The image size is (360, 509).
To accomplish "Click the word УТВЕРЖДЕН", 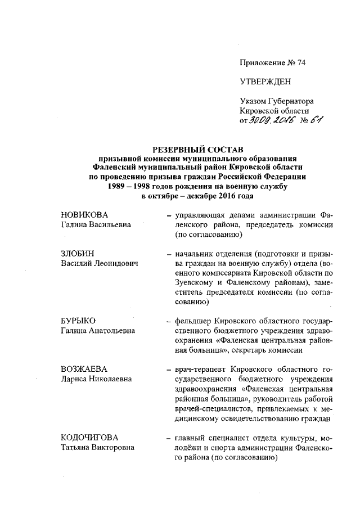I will pos(265,82).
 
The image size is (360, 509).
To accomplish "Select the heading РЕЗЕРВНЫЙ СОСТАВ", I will pos(197,150).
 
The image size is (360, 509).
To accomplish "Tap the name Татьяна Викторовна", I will pos(98,448).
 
